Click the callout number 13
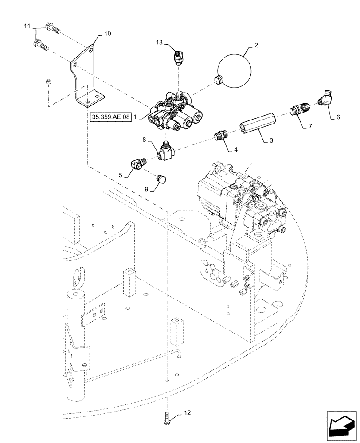click(160, 43)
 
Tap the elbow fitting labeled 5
click(137, 166)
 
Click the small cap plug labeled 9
click(162, 179)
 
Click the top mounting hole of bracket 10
click(90, 51)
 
